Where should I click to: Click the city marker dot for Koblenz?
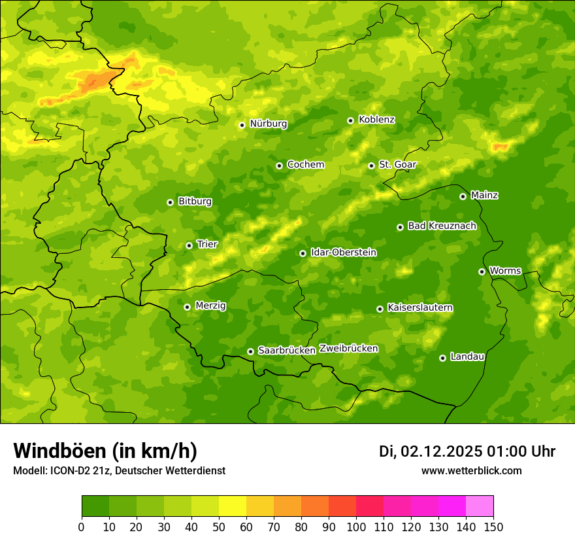(x=350, y=120)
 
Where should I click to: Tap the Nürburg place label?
(x=268, y=124)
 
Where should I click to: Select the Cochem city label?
(x=305, y=165)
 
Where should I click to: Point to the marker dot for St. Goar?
(x=371, y=166)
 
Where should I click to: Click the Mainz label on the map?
(x=484, y=196)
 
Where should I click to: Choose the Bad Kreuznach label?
(x=442, y=226)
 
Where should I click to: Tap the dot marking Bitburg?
(x=170, y=202)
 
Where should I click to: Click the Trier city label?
(x=207, y=245)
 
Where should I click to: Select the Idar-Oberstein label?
(x=343, y=253)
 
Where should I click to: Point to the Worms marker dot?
(x=482, y=271)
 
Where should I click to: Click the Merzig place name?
(x=210, y=306)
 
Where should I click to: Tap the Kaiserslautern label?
(x=420, y=307)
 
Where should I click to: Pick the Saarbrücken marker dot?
(x=250, y=351)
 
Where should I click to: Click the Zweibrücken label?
(x=348, y=349)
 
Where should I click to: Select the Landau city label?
(x=467, y=357)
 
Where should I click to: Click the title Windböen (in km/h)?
(x=105, y=451)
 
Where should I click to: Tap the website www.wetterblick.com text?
(x=471, y=470)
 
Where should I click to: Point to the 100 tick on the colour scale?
(x=356, y=527)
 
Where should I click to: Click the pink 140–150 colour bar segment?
(x=480, y=506)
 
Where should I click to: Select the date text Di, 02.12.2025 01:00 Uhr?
(x=467, y=451)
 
